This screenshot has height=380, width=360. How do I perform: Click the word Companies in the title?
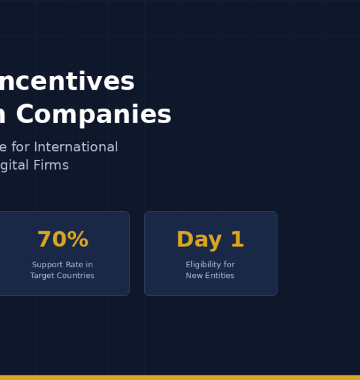click(94, 115)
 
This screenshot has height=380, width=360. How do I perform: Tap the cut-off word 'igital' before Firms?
click(15, 165)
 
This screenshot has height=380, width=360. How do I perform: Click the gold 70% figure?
click(62, 240)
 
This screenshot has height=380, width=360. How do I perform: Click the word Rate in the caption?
click(75, 265)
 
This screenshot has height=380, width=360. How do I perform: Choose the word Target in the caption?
click(43, 276)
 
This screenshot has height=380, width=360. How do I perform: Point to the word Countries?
click(76, 276)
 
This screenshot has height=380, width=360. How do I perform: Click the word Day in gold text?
click(198, 240)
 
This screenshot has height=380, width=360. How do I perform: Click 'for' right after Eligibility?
click(229, 265)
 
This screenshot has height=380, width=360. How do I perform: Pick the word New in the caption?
click(194, 276)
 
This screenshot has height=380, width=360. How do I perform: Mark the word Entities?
click(219, 276)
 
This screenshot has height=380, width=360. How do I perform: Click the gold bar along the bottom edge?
click(180, 377)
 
